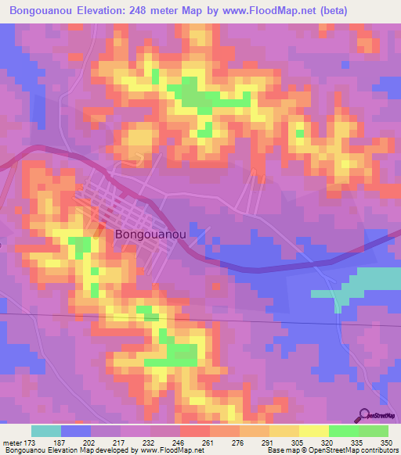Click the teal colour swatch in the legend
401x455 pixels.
45,431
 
